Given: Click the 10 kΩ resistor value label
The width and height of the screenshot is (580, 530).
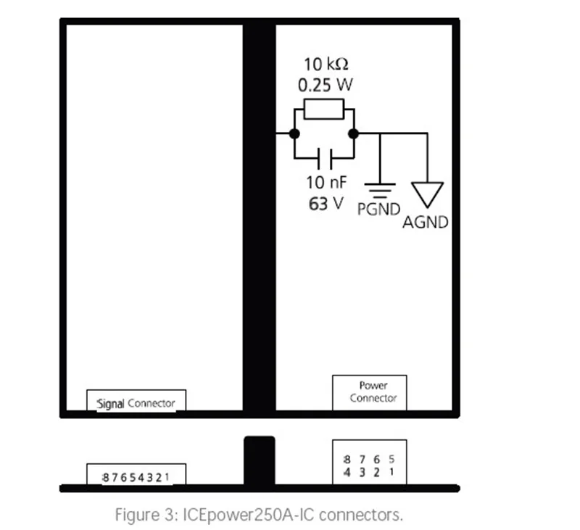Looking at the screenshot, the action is coord(326,65).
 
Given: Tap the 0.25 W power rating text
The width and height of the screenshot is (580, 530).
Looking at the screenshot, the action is coord(325,85).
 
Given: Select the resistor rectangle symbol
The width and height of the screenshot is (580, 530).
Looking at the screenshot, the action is coord(323,109).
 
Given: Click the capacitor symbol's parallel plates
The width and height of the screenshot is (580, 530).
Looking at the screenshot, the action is coord(325,158).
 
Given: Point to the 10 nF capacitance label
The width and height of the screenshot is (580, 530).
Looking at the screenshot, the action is coord(326,182).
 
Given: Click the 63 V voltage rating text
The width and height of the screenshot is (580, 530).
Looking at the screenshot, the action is coord(326,204).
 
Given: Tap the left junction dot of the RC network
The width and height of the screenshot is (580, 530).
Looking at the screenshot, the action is coord(294,133).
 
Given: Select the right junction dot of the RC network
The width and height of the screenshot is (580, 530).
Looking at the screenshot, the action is coord(354,133).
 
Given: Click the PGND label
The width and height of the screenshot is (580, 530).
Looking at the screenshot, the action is coord(378,210).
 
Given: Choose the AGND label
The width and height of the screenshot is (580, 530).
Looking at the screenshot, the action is coord(426,223).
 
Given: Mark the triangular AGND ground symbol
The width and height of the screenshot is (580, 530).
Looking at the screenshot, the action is coord(427,194).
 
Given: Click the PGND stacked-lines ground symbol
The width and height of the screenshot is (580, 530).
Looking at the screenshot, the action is coord(380,191).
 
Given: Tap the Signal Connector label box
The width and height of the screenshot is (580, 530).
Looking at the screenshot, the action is coord(136,400).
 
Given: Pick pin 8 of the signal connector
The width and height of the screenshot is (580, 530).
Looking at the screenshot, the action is coord(105,478).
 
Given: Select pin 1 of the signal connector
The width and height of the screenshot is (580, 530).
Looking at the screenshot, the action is coord(167,477).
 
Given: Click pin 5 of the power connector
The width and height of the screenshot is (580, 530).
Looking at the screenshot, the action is coord(391,459).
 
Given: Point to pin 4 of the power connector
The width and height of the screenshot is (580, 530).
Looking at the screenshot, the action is coord(347,472).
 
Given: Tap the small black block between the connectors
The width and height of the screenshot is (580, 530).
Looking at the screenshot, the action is coord(260,460).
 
